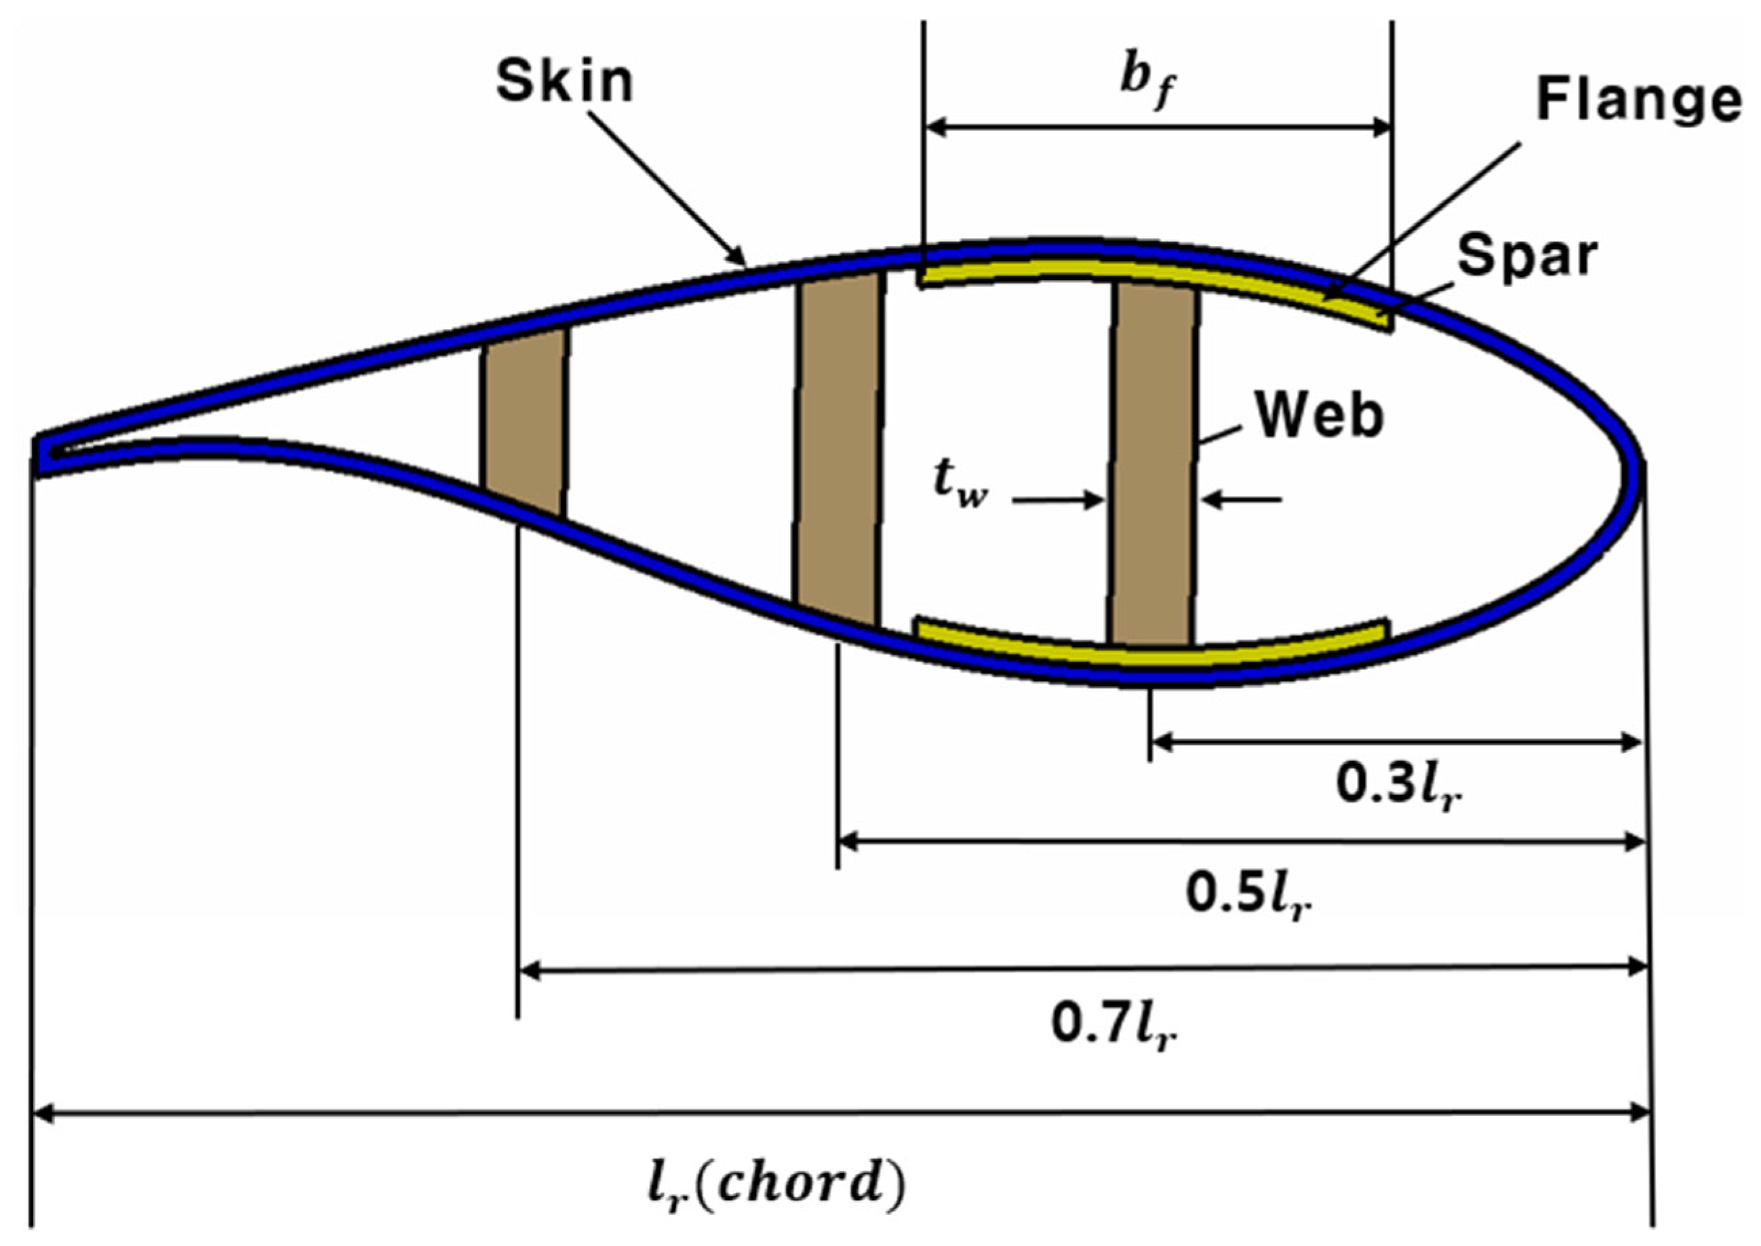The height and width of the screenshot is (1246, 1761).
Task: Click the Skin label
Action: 566,81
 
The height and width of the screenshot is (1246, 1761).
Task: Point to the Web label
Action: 1319,416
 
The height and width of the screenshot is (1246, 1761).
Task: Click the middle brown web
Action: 838,449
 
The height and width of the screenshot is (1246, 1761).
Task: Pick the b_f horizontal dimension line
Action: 1158,128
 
